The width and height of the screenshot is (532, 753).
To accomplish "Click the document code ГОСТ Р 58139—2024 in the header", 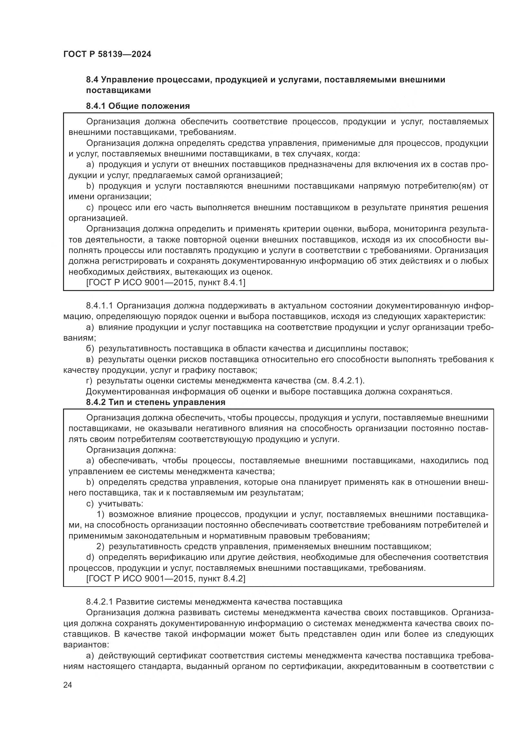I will (107, 54).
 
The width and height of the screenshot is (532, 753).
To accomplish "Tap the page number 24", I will (68, 685).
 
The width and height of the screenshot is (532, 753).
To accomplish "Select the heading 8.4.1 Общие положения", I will (138, 106).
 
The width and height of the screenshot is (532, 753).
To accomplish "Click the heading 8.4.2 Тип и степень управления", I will (156, 402).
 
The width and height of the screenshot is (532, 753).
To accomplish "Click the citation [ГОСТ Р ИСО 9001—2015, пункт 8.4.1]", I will (165, 282).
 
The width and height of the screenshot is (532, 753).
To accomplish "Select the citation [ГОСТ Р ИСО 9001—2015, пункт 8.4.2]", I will (165, 579).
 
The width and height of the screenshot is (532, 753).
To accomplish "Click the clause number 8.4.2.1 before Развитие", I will (99, 602).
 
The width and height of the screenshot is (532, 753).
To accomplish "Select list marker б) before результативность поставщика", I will (90, 349).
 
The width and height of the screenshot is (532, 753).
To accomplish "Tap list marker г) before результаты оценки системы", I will (89, 381).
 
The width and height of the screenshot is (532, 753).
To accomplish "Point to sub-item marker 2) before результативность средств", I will (101, 546).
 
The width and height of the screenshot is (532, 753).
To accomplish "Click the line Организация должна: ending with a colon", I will (131, 450).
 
